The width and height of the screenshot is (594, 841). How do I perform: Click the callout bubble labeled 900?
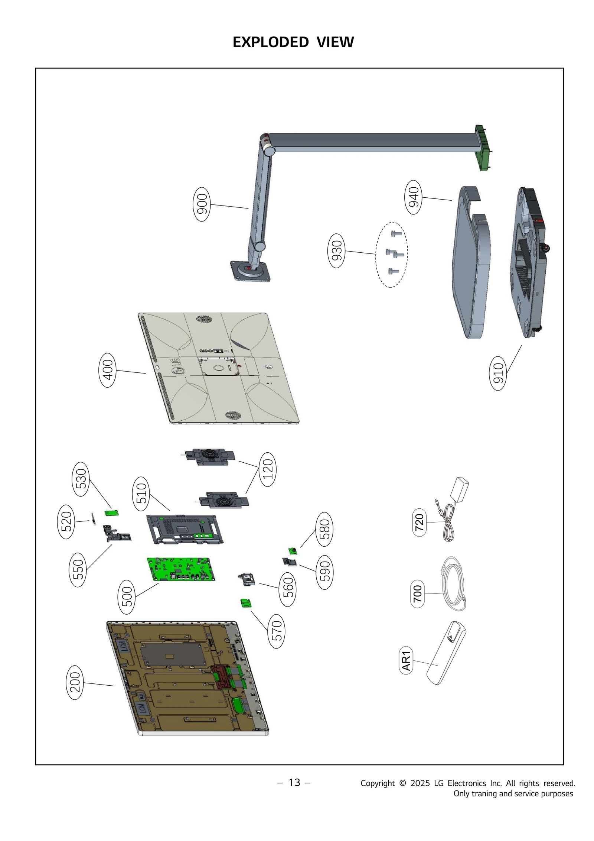point(202,204)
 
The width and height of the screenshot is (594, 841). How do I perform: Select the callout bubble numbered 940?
point(413,197)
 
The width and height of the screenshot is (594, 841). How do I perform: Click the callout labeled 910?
point(498,373)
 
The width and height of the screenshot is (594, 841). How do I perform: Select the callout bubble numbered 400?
point(107,370)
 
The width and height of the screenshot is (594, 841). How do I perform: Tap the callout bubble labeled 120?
point(267,469)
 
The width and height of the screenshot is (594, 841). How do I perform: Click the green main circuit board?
point(181,569)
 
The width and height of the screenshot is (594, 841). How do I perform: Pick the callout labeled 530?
point(81,479)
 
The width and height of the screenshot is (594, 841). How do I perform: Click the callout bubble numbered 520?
point(66,521)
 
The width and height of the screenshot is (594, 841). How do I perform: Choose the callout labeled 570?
point(277,631)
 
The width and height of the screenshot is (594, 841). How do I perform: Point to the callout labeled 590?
point(324,572)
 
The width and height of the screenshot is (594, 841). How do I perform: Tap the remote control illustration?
point(446,653)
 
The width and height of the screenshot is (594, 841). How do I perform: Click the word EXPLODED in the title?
point(270,42)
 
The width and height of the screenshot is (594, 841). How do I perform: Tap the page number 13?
point(294,782)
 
